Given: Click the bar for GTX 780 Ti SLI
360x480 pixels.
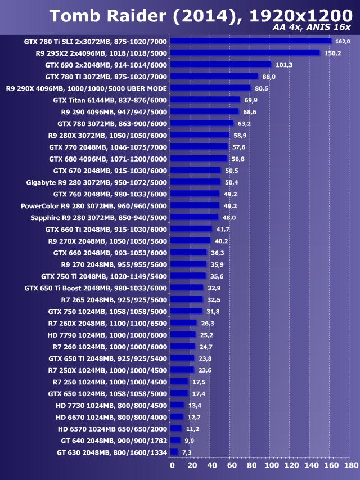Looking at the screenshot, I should point(251,41).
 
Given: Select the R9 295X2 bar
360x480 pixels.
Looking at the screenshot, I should point(245,53).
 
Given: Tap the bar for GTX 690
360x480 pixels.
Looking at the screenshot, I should point(221,65).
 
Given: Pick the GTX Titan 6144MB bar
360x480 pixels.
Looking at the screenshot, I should point(205,100).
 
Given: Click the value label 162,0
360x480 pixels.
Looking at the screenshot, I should point(343,41).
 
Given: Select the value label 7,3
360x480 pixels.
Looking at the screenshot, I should point(187,452).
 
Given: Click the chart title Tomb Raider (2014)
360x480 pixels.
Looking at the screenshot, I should point(138,16).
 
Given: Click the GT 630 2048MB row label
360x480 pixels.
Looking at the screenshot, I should point(112,452).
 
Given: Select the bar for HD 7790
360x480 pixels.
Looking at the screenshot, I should point(183,335).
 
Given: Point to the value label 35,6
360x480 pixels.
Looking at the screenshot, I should point(217,276).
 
